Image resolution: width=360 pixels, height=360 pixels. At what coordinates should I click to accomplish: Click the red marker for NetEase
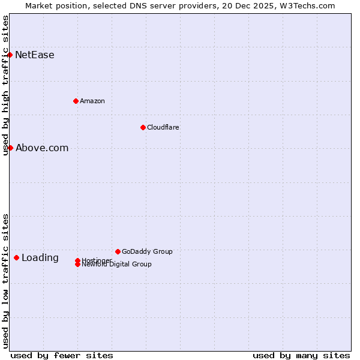tap(10, 55)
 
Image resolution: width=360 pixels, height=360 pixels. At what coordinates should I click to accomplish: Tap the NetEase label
tap(35, 55)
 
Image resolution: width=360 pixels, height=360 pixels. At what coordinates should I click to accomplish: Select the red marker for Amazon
tap(76, 101)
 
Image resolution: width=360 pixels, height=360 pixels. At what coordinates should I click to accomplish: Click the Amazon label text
tap(92, 101)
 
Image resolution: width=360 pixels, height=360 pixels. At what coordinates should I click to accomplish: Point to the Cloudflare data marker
tap(143, 127)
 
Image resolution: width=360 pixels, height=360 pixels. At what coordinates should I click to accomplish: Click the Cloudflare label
tap(163, 127)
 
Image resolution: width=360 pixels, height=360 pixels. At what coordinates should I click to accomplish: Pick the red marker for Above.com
tap(10, 148)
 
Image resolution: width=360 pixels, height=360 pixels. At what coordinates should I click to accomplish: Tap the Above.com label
tap(42, 148)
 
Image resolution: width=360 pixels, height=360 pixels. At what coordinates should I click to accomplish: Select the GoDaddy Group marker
tap(118, 251)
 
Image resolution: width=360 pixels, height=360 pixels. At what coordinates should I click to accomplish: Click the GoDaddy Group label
tap(147, 251)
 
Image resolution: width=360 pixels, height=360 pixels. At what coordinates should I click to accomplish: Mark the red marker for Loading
tap(16, 257)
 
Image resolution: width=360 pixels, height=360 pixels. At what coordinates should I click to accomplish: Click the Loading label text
tap(40, 258)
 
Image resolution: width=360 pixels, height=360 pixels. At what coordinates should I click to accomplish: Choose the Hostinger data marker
tap(78, 260)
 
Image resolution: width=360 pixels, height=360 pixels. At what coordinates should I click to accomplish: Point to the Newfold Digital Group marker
tap(78, 265)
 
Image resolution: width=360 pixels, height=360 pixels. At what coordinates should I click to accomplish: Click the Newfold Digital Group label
tap(117, 265)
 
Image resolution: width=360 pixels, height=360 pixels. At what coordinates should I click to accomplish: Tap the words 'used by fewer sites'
tap(62, 355)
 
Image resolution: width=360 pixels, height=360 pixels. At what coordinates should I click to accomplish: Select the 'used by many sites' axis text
tap(301, 355)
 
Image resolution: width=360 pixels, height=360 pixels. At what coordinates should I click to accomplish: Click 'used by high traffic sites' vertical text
tap(5, 85)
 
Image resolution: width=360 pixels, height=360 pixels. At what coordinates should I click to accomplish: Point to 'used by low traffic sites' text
tap(5, 281)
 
